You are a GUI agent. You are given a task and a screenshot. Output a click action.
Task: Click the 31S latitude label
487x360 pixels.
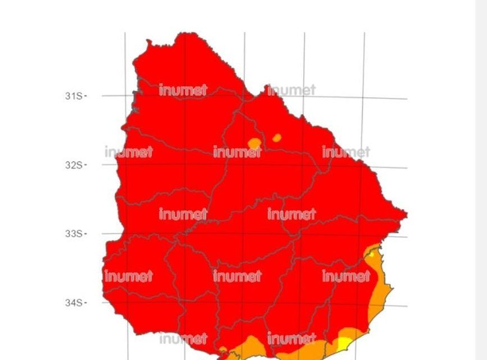pos(73,96)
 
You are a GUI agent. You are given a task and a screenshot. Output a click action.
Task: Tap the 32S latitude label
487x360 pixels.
pos(73,165)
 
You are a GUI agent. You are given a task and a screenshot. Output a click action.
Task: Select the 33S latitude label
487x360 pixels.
pos(73,233)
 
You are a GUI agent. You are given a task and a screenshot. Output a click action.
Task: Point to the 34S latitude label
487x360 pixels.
pos(73,303)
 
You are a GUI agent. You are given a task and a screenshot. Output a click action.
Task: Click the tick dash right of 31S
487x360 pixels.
pos(85,96)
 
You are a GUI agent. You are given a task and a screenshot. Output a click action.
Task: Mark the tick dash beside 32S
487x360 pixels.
pos(85,165)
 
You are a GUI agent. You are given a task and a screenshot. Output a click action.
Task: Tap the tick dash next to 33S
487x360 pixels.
pos(85,233)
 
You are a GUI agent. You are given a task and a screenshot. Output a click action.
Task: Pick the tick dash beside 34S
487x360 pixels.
pos(85,303)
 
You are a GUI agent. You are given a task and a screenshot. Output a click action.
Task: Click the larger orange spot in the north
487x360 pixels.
pos(254,142)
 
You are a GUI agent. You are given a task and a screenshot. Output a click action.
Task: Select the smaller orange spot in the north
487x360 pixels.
pos(276,137)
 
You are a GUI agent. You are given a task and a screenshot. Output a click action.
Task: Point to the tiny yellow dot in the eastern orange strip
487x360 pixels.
pos(371,255)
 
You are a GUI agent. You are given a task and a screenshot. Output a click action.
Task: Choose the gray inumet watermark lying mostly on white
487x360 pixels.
pos(292,90)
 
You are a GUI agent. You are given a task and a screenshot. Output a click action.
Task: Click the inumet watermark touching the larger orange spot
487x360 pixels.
pos(237,152)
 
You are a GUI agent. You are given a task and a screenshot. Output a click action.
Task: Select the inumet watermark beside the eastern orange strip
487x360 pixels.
pos(346,276)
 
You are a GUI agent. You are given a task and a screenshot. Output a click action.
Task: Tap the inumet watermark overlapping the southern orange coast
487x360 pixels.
pos(291,339)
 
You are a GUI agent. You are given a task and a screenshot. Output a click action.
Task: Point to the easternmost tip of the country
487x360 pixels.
pos(406,214)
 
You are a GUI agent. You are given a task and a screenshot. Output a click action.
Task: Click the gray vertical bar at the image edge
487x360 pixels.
pos(481,180)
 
